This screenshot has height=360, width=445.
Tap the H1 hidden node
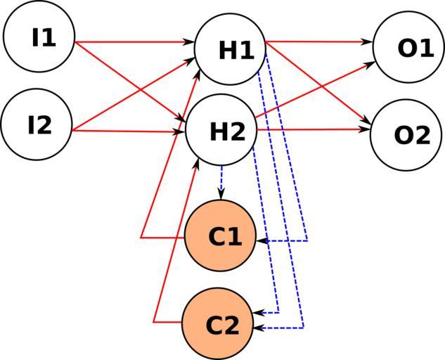tap(230, 49)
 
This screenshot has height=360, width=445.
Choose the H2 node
tap(221, 131)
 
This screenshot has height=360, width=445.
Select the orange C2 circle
tap(217, 324)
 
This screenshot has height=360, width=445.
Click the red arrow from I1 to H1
tap(134, 42)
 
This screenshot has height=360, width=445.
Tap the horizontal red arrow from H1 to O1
tap(316, 42)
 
